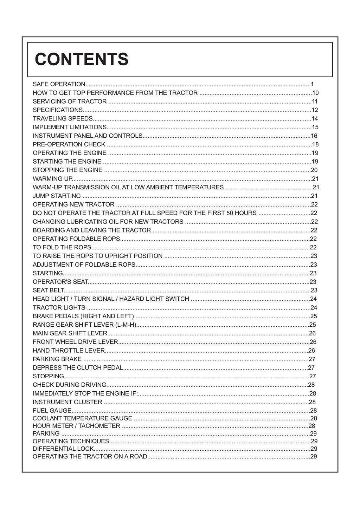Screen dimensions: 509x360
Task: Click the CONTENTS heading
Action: coord(82,59)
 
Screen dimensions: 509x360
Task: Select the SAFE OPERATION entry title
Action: coord(59,84)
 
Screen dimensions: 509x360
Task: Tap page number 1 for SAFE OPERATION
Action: coord(312,84)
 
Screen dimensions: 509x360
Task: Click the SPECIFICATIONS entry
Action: coord(58,110)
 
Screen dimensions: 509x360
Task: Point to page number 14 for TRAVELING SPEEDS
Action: coord(315,119)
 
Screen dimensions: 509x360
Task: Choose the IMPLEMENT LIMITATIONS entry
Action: coord(70,127)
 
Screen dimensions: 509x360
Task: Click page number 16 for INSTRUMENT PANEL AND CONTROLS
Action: coord(314,136)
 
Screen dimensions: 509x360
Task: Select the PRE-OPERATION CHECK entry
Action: coord(69,144)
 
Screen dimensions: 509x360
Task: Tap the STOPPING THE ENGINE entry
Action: coord(67,170)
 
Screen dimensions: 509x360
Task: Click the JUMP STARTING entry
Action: coord(57,196)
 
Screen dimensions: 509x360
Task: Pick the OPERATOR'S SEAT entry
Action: coord(60,282)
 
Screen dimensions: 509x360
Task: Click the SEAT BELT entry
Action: coord(49,291)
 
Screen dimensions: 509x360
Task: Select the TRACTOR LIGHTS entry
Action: coord(59,308)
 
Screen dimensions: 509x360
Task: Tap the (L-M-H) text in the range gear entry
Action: coord(126,325)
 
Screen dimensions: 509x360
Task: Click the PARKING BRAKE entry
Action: coord(57,359)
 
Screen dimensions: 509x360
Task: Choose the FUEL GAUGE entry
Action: coord(52,411)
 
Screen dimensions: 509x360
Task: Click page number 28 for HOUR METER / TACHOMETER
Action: coord(311,426)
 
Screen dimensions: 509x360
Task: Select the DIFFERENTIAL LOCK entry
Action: coord(63,449)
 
